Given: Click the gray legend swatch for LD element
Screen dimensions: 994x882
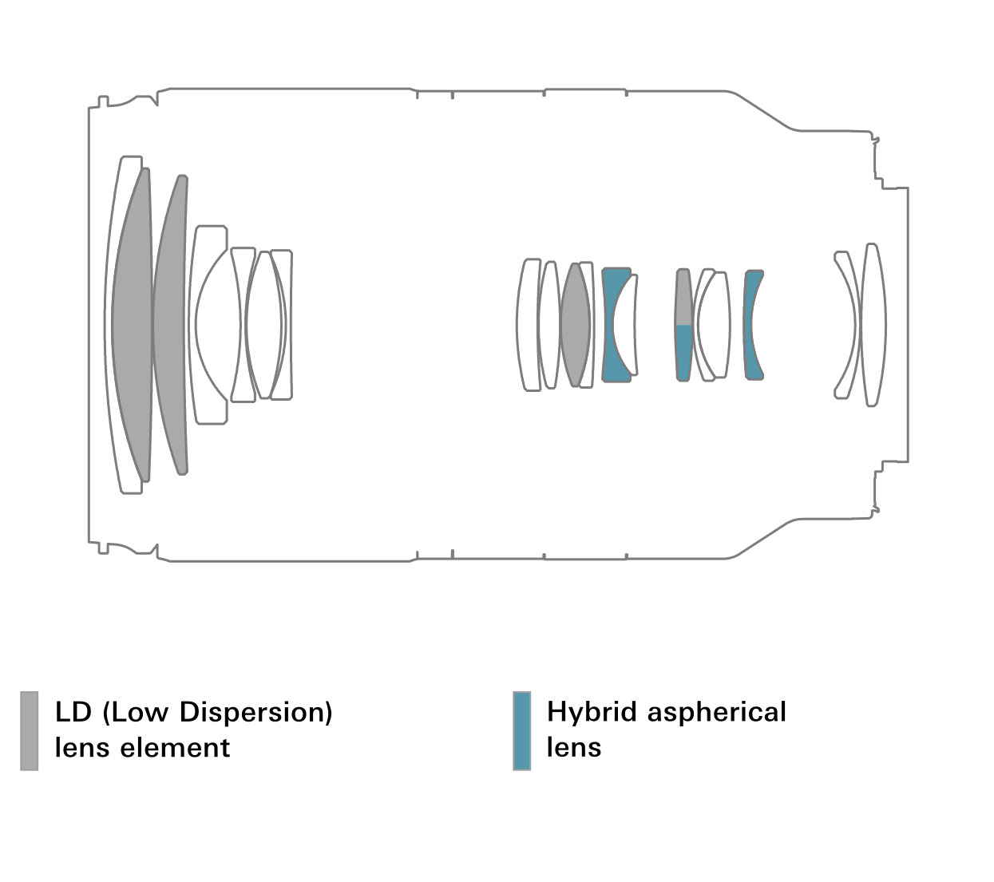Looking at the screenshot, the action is pyautogui.click(x=29, y=730).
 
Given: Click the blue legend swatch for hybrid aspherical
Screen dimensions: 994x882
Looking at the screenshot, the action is pyautogui.click(x=521, y=730).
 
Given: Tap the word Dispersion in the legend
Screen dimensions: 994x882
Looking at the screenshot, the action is pyautogui.click(x=255, y=712).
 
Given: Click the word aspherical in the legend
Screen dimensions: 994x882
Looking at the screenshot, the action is pyautogui.click(x=717, y=713).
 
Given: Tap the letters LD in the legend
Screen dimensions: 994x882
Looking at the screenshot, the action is pyautogui.click(x=73, y=712).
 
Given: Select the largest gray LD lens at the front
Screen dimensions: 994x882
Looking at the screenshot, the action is pyautogui.click(x=132, y=325).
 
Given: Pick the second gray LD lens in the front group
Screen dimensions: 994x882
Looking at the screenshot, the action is pyautogui.click(x=170, y=325).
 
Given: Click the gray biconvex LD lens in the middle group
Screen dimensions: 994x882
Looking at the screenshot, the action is pyautogui.click(x=575, y=325).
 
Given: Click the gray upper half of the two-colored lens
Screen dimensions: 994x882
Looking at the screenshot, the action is pyautogui.click(x=683, y=297).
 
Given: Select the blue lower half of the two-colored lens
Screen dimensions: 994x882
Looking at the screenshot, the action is pyautogui.click(x=683, y=353).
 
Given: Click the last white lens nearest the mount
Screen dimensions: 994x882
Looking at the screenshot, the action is pyautogui.click(x=873, y=325).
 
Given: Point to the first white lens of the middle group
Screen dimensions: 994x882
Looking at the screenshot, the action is pyautogui.click(x=527, y=325).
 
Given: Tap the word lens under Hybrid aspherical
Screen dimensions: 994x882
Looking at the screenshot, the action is pyautogui.click(x=574, y=748).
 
